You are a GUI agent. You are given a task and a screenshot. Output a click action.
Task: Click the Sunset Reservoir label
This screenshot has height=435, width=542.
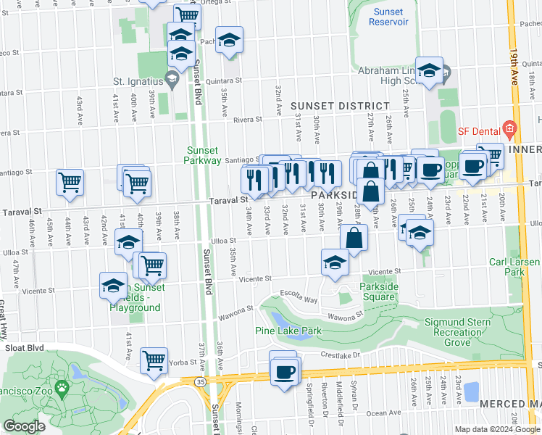pos(388,17)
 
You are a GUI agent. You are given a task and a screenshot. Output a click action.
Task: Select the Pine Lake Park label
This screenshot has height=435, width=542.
pos(288,331)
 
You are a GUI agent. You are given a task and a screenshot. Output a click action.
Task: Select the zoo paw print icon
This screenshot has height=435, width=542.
pos(62,387)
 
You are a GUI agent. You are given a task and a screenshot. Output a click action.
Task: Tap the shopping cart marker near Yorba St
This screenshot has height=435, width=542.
pos(154,359)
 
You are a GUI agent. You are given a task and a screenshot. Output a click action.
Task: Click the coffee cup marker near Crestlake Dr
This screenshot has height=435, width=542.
pos(283,373)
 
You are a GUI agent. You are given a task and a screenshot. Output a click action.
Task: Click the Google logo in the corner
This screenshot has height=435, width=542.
pos(24,427)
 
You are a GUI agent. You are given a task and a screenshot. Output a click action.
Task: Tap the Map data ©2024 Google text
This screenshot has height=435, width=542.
pos(496,429)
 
